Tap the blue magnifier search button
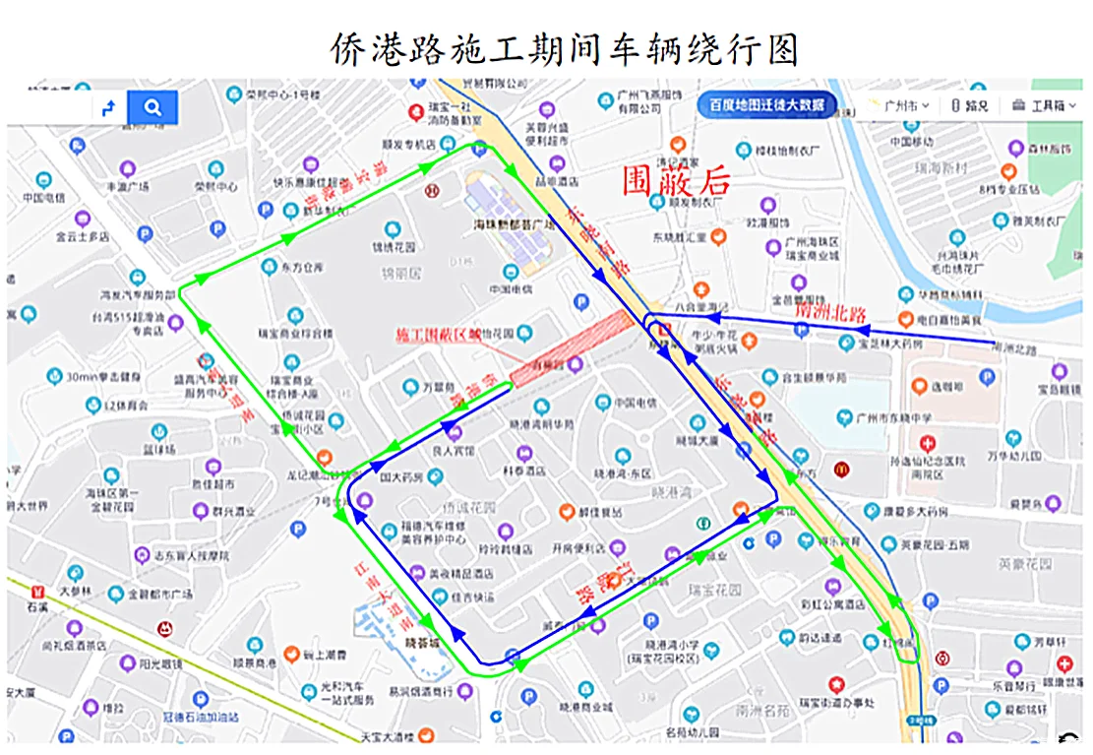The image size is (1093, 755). click(x=152, y=107)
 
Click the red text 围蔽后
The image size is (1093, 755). click(x=677, y=180)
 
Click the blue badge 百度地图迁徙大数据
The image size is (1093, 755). click(x=767, y=104)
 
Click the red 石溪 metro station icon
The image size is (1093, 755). click(x=38, y=593)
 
